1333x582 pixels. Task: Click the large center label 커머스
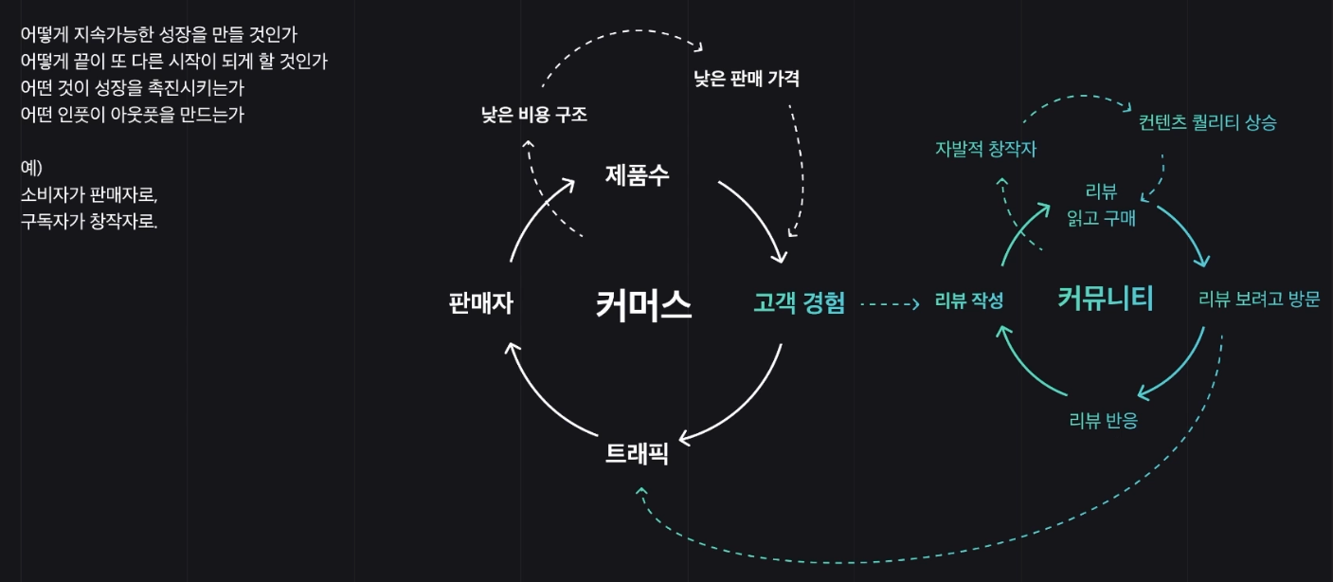tap(643, 305)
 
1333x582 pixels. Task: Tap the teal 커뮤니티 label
tap(1105, 299)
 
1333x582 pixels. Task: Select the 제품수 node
tap(637, 175)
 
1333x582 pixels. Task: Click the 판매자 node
tap(481, 303)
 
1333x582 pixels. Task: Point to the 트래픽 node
tap(637, 454)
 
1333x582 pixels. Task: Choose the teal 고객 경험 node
tap(799, 303)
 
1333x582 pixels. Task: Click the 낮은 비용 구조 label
tap(534, 116)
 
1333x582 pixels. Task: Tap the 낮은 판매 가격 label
tap(747, 79)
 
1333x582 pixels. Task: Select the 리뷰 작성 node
tap(968, 301)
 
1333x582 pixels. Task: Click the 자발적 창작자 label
tap(985, 149)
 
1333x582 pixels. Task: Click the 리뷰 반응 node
tap(1103, 421)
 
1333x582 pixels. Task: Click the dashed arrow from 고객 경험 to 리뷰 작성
tap(889, 304)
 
